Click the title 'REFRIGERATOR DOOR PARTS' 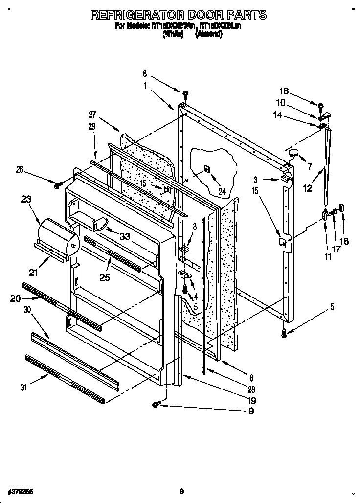tap(179, 15)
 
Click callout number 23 tap(26, 199)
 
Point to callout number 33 tap(125, 236)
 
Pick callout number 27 tap(92, 115)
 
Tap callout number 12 tap(307, 188)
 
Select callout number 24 tap(223, 192)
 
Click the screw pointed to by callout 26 tap(58, 184)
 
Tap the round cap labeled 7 tap(293, 153)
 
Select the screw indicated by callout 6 tap(185, 93)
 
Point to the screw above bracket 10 tap(321, 106)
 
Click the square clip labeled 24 tap(207, 169)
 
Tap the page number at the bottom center tap(181, 491)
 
